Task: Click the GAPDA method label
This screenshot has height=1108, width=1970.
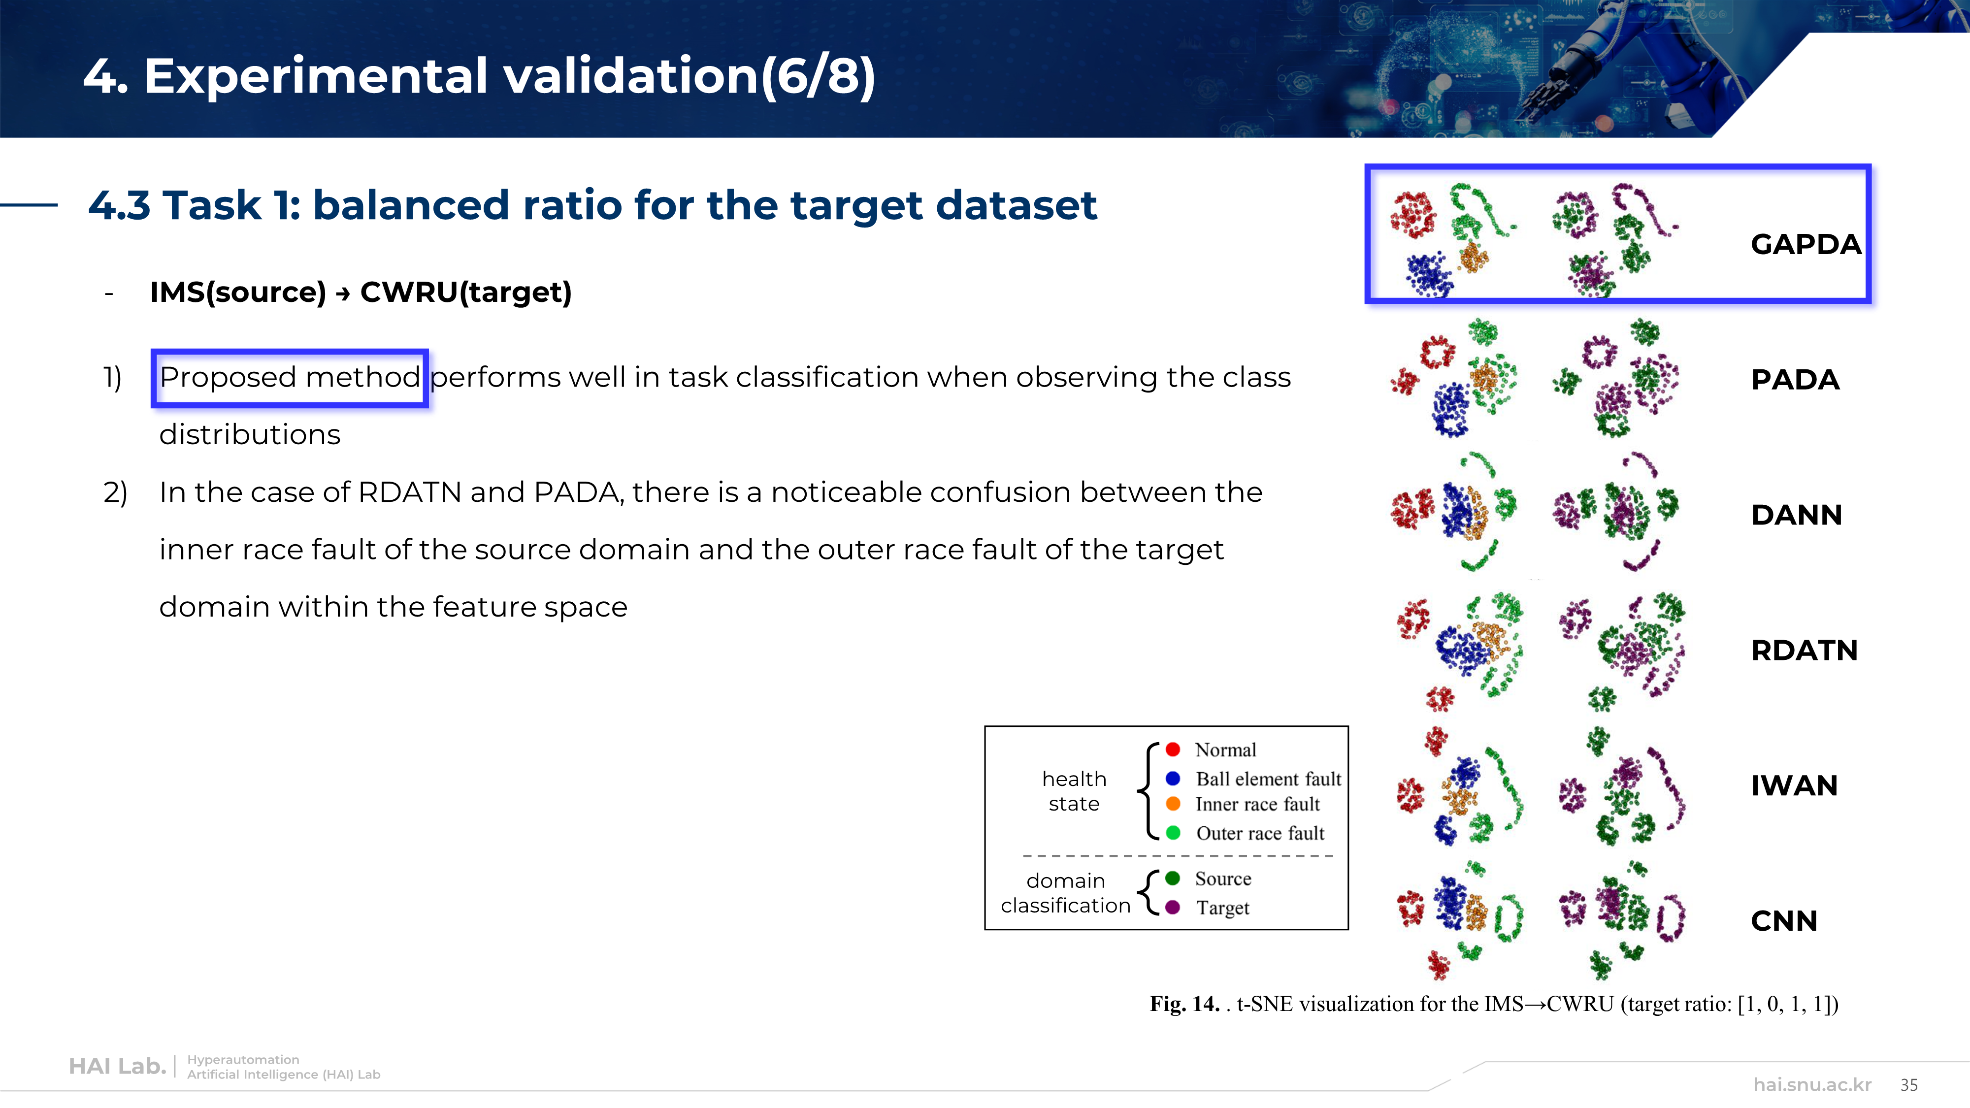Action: (1806, 245)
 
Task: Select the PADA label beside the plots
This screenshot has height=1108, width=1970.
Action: (1795, 380)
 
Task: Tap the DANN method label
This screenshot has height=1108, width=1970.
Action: (1797, 516)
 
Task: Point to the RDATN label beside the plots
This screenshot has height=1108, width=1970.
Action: (1804, 651)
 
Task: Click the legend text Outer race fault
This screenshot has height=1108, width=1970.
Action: (1259, 834)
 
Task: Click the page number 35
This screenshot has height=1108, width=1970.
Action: (1909, 1085)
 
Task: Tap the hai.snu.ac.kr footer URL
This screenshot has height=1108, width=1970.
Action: (1812, 1085)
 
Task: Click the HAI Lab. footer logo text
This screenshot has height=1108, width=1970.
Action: (117, 1067)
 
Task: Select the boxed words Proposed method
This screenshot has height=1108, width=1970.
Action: (290, 378)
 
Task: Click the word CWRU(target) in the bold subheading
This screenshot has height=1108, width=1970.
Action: (466, 292)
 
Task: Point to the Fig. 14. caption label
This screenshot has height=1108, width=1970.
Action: (1184, 1004)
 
